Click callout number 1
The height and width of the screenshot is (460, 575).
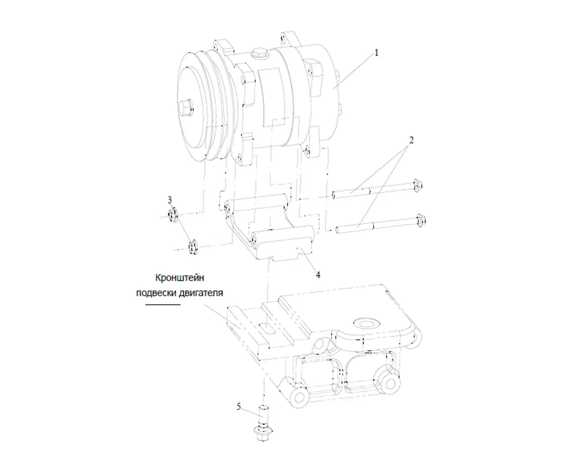[x=376, y=53]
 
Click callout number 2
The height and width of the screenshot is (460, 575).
[x=411, y=140]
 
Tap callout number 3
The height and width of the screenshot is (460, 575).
[x=170, y=200]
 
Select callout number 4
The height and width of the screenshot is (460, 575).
[x=318, y=275]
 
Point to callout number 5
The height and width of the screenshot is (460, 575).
[x=239, y=407]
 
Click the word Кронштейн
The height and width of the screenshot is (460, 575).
[x=179, y=278]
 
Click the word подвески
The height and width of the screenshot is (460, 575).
[x=156, y=293]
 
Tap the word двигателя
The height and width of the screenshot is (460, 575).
[x=201, y=293]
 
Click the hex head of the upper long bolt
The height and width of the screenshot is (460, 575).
[x=416, y=185]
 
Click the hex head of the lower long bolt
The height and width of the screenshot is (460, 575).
[x=421, y=220]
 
